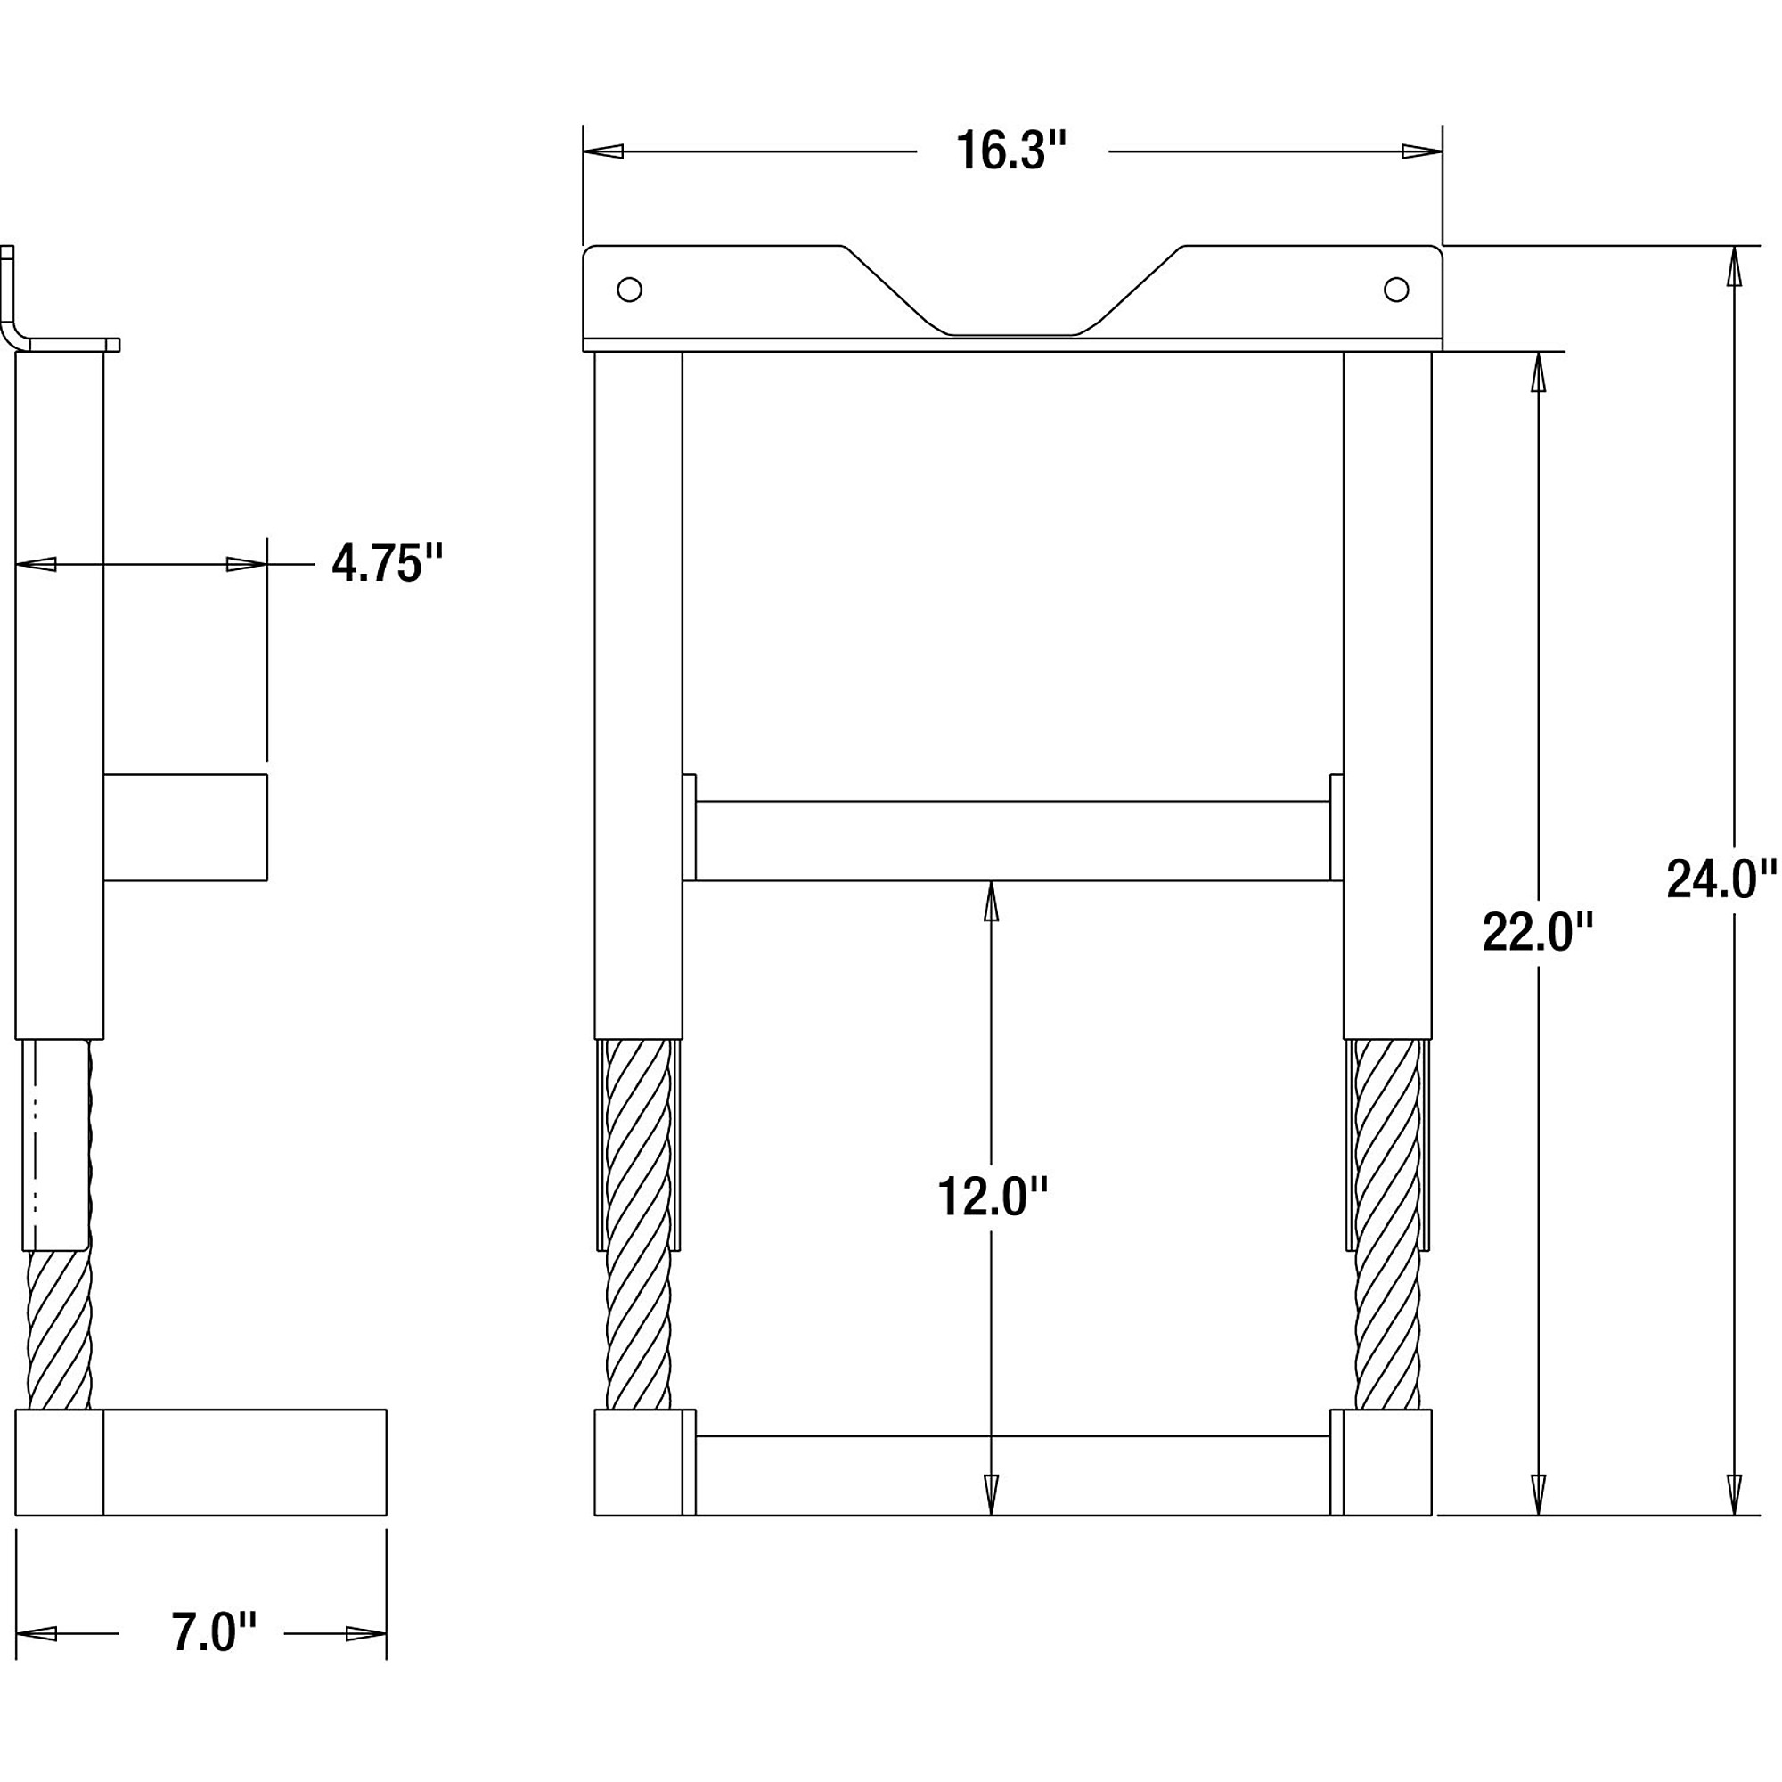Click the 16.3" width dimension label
[1011, 151]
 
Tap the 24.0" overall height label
[1721, 879]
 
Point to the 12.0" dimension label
[993, 1197]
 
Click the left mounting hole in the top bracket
[629, 290]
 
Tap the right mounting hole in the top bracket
[1396, 290]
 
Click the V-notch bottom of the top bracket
[1013, 334]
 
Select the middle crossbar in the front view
[1013, 840]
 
